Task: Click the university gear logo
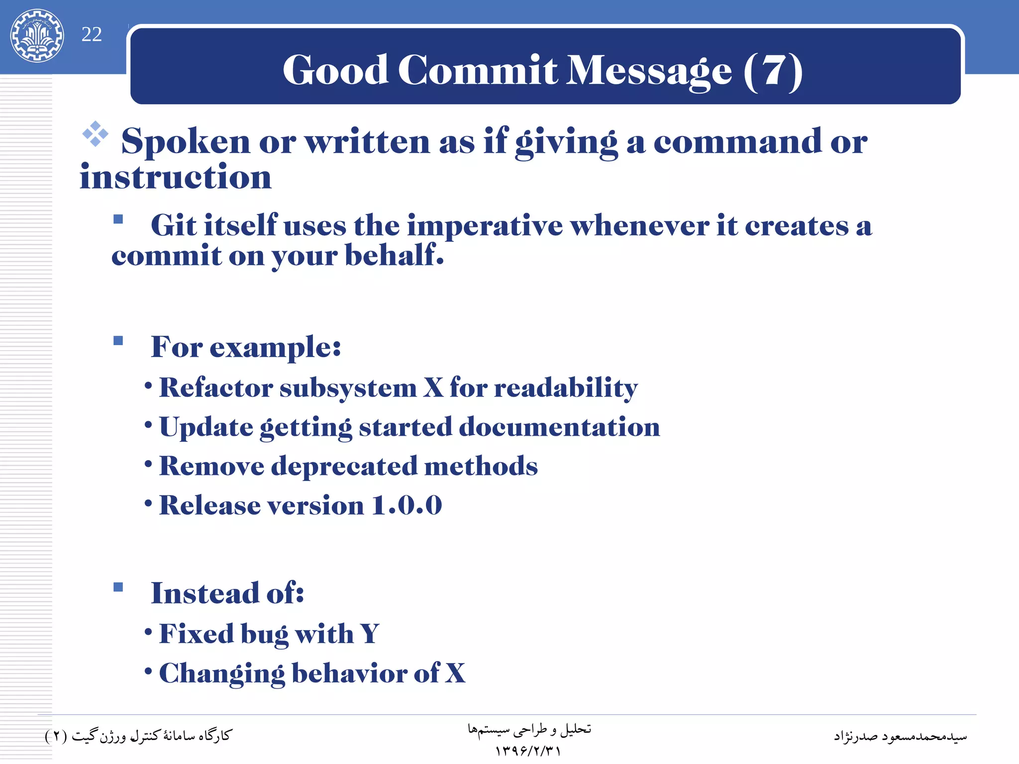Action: pyautogui.click(x=37, y=35)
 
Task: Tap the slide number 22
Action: pyautogui.click(x=92, y=34)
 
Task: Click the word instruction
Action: pyautogui.click(x=176, y=178)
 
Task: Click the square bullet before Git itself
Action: pyautogui.click(x=118, y=219)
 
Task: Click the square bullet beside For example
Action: pyautogui.click(x=118, y=341)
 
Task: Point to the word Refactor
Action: pyautogui.click(x=216, y=387)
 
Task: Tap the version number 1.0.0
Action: pyautogui.click(x=407, y=505)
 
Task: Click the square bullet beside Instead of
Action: pyautogui.click(x=118, y=587)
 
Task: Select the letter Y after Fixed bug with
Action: pyautogui.click(x=369, y=634)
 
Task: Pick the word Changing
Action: pyautogui.click(x=221, y=673)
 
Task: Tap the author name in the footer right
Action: pyautogui.click(x=900, y=736)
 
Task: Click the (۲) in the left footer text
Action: pyautogui.click(x=55, y=736)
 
